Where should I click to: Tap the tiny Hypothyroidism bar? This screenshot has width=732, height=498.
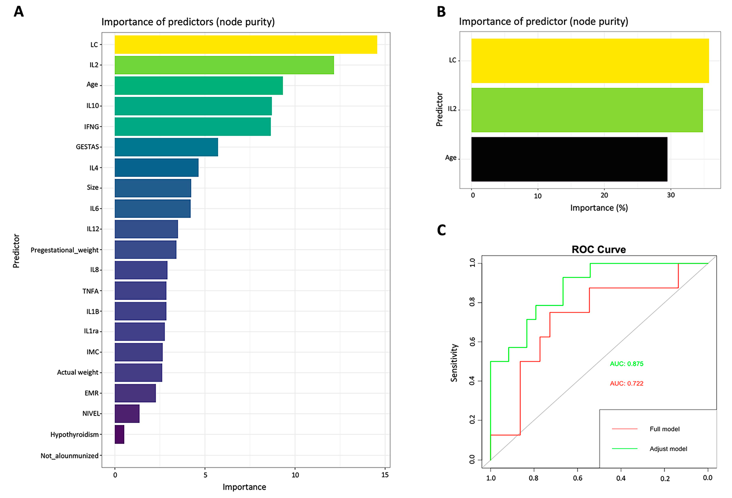tap(119, 434)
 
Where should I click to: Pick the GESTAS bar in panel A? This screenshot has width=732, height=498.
tap(166, 147)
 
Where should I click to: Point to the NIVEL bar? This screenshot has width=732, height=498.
tap(127, 414)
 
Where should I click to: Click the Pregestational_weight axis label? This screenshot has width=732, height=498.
tap(65, 250)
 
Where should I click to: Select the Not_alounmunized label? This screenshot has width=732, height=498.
tap(69, 456)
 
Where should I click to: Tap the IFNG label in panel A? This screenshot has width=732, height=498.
tap(91, 127)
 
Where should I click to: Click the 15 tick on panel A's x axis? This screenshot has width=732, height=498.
tap(385, 475)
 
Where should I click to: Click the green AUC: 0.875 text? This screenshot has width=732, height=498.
tap(626, 364)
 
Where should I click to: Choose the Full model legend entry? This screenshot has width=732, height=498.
tap(664, 429)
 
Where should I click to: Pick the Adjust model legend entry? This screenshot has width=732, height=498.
tap(668, 449)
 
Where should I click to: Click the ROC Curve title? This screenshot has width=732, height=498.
tap(598, 250)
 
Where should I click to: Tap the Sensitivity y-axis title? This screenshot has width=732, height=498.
tap(454, 363)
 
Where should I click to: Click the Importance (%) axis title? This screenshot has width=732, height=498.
tap(599, 208)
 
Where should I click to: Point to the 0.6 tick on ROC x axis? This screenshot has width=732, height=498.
tap(577, 478)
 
